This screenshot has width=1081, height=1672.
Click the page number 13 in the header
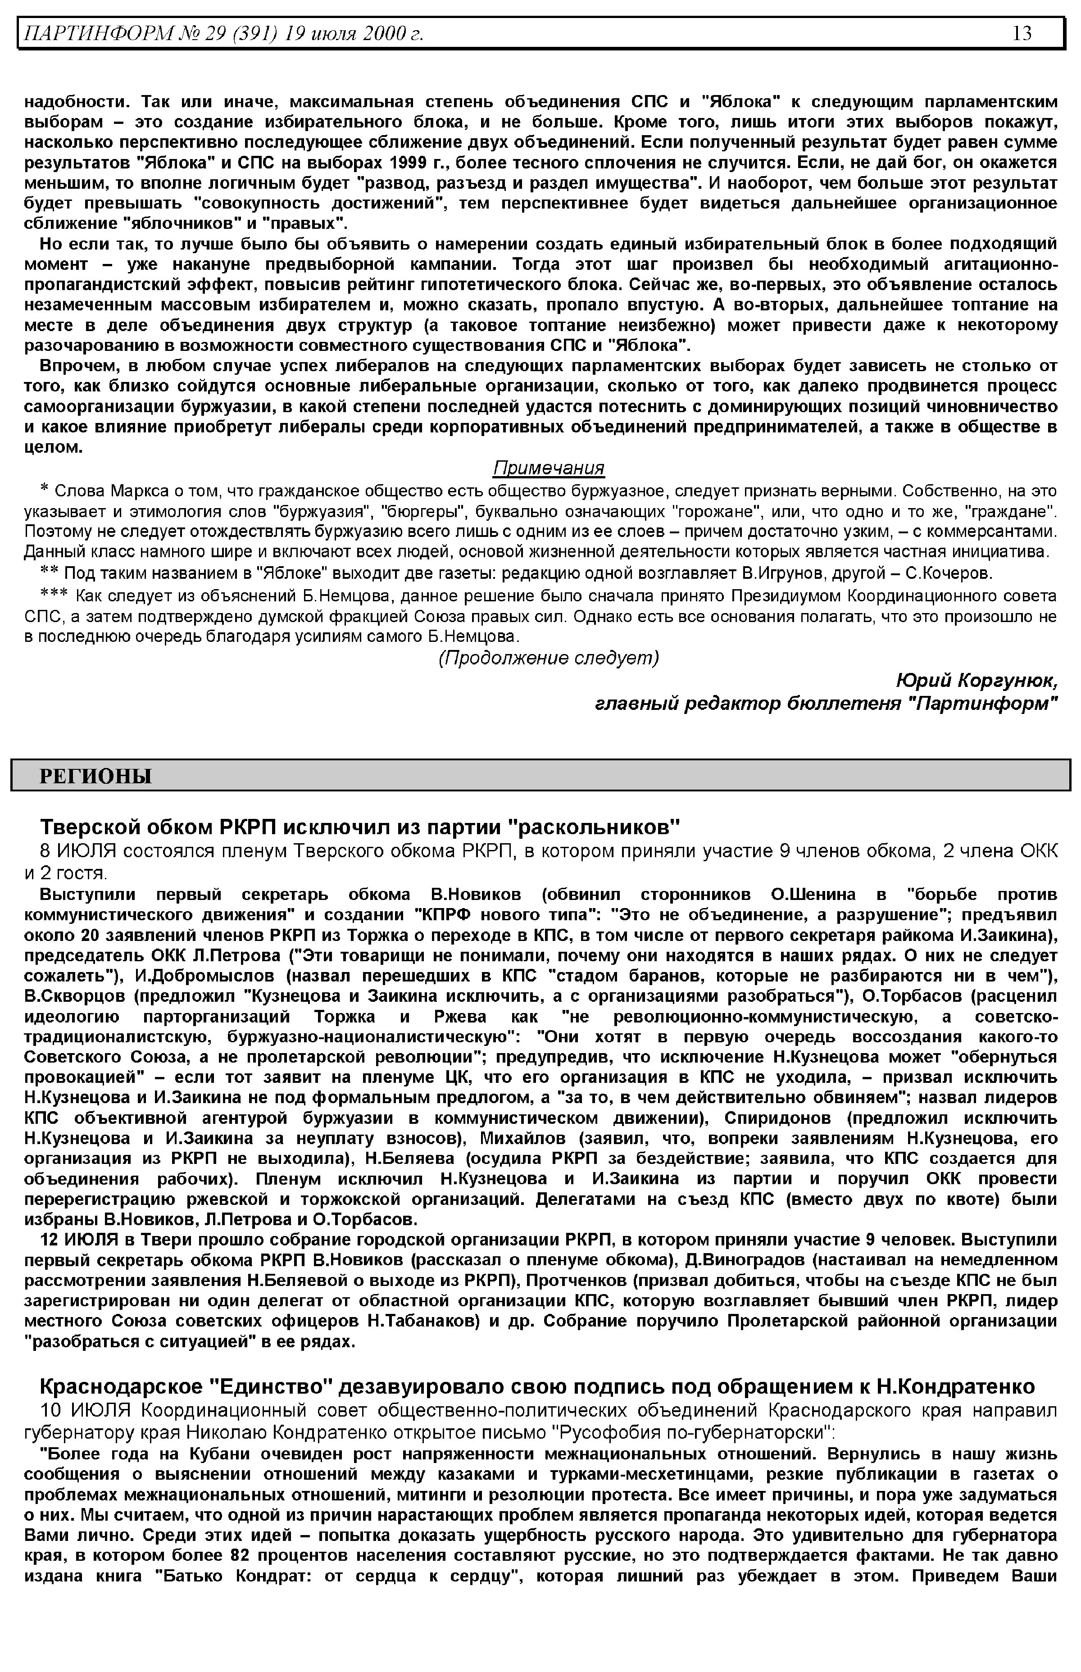[x=1022, y=33]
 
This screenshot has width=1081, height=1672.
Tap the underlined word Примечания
[x=548, y=468]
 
